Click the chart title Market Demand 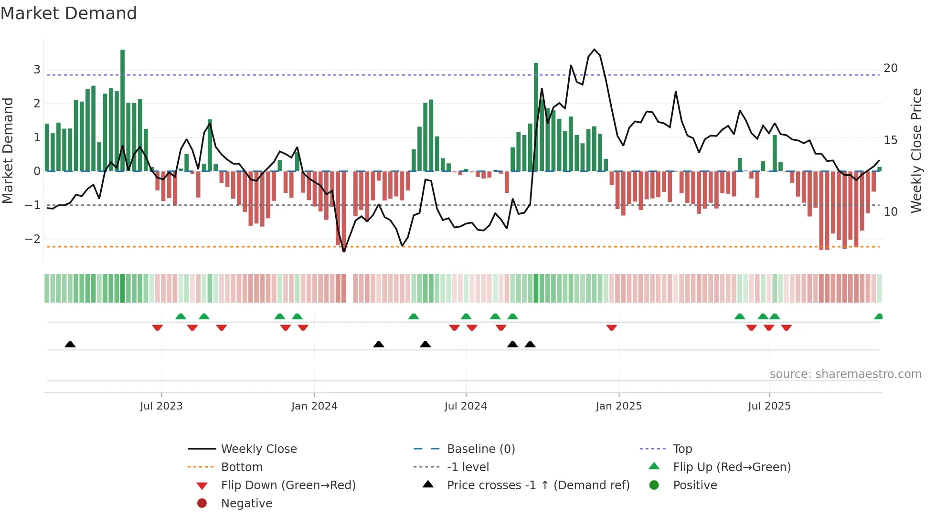(x=69, y=13)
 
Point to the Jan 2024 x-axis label (x=314, y=406)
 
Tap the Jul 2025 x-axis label (x=769, y=406)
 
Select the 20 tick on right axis (x=891, y=68)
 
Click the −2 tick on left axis (x=33, y=239)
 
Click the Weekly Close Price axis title (x=916, y=150)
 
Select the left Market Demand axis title (x=8, y=150)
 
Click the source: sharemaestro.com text (x=845, y=374)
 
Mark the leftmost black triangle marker (x=70, y=344)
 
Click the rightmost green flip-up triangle (x=878, y=316)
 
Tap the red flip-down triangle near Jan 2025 (x=612, y=327)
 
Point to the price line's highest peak (x=594, y=50)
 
